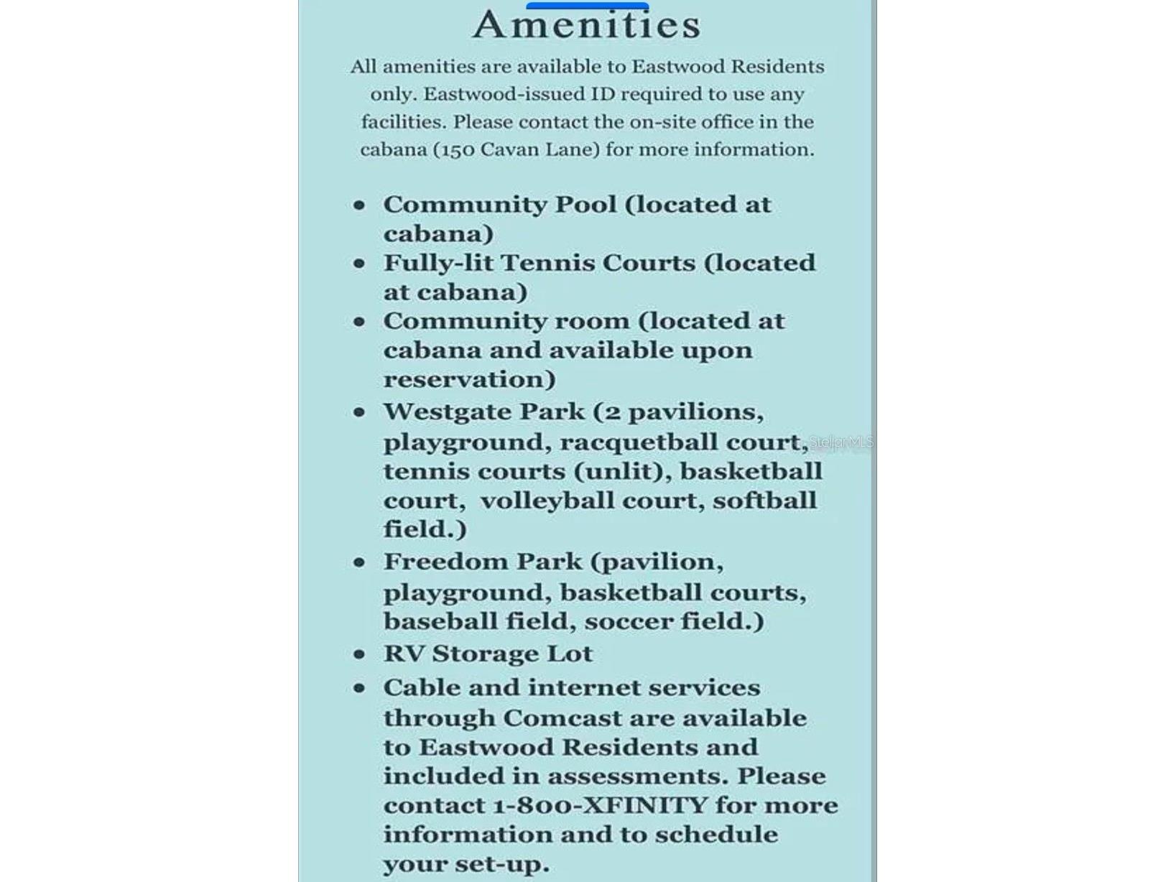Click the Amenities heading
click(x=586, y=25)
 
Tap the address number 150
click(x=453, y=149)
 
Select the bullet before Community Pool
click(x=359, y=205)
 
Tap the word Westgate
click(x=448, y=412)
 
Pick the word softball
click(x=764, y=501)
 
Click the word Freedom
click(x=446, y=562)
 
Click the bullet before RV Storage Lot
click(x=359, y=654)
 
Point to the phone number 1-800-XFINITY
click(x=600, y=805)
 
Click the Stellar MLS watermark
click(x=841, y=442)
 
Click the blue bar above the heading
click(x=587, y=6)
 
